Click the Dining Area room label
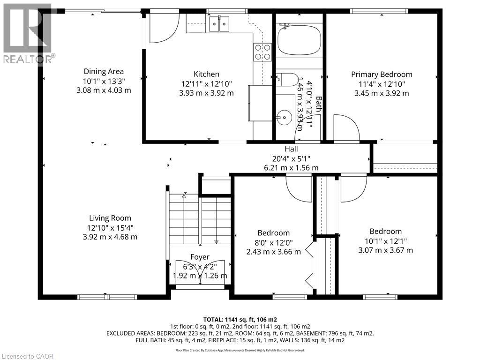click(104, 72)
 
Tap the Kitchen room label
click(206, 74)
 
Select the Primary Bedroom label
click(382, 74)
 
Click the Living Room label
click(110, 218)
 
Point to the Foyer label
click(200, 257)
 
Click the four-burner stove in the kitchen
click(262, 52)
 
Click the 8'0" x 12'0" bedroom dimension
click(273, 242)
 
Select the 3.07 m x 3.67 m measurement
click(386, 250)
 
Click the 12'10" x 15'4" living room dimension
click(110, 227)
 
